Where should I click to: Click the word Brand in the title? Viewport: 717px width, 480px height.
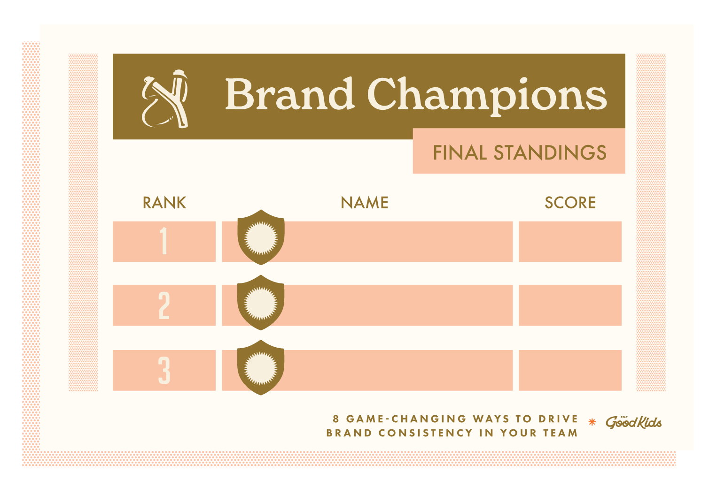click(x=290, y=94)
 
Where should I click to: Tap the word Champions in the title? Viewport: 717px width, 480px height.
click(x=487, y=96)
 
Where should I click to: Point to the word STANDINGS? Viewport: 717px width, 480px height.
click(x=550, y=152)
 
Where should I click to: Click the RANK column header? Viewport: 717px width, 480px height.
click(x=164, y=203)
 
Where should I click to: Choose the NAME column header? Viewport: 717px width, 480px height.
click(x=365, y=203)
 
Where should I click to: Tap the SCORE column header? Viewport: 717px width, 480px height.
click(x=570, y=203)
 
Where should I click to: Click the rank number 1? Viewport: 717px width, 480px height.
click(x=164, y=241)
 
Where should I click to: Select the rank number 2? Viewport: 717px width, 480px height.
click(x=164, y=305)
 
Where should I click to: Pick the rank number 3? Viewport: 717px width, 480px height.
click(x=164, y=370)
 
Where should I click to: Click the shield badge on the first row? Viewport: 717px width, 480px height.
click(x=261, y=237)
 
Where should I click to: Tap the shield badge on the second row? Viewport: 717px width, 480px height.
click(x=261, y=303)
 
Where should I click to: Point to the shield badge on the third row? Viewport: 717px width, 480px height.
click(x=261, y=367)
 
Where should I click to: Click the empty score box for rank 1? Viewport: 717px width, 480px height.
click(x=570, y=242)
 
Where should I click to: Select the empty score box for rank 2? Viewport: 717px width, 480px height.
click(x=570, y=305)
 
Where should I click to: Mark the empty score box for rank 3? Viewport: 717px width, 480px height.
click(x=570, y=370)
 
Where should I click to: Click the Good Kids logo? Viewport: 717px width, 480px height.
click(x=633, y=422)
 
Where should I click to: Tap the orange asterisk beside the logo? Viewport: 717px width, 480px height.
click(x=592, y=422)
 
